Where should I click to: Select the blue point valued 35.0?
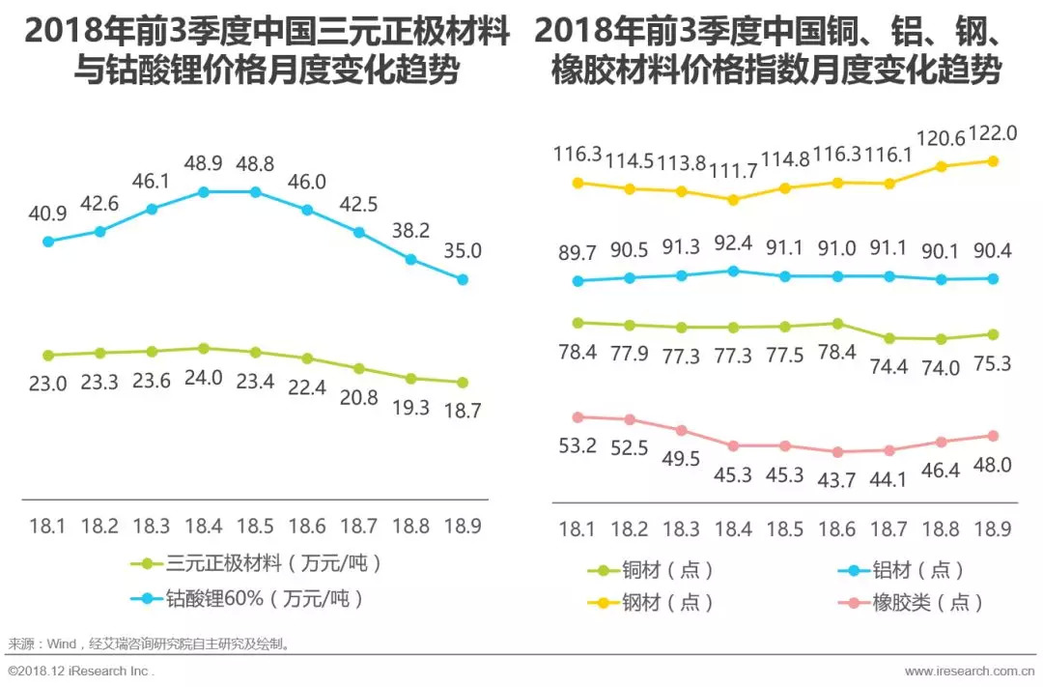463,279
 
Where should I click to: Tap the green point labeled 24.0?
203,348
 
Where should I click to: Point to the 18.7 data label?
462,410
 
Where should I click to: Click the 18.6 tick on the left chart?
307,526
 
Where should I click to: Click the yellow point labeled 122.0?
992,160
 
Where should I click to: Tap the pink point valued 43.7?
836,451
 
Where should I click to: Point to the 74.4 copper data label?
888,367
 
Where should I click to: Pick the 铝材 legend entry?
900,571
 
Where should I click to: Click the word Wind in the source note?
61,643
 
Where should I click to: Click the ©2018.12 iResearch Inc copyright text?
80,671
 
